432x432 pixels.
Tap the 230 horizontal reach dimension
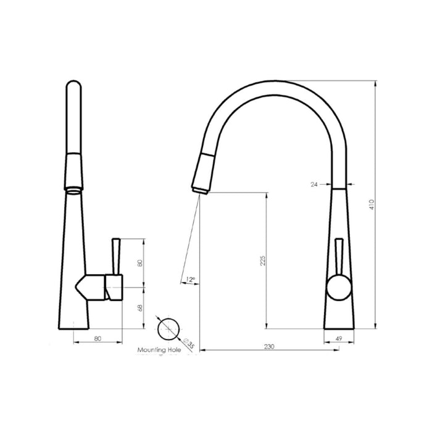click(x=269, y=347)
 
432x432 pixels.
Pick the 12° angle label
click(x=191, y=280)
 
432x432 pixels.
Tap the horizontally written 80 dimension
click(x=98, y=338)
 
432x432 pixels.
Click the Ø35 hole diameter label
click(x=188, y=343)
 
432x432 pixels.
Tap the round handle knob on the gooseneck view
click(x=338, y=287)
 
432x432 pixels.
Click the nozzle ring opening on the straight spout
click(x=73, y=186)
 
